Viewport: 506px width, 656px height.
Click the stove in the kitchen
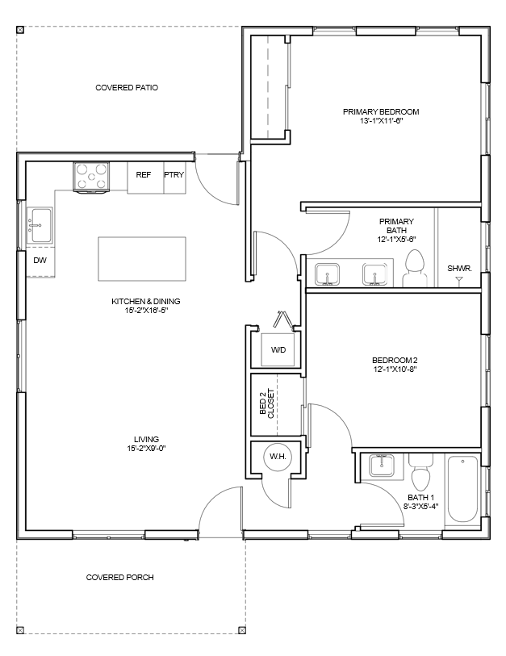91,177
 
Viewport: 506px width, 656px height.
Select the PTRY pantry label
174,174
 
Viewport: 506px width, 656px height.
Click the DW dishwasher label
40,261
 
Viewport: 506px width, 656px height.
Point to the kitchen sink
40,225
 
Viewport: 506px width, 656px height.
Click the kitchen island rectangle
142,258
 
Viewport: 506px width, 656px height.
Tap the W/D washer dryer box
278,349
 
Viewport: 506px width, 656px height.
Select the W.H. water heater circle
278,457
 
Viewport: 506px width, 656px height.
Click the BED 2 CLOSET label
266,403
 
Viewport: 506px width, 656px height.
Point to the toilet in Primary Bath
415,269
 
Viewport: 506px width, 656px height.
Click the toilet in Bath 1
420,473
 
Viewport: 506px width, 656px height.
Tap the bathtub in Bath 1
462,490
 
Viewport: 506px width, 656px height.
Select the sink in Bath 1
382,466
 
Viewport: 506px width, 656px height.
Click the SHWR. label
459,268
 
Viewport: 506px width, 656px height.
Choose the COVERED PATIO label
127,87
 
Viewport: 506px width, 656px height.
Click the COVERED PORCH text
119,578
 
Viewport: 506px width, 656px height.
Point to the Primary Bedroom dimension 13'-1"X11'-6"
381,121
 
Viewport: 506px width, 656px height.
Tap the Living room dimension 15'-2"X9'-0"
147,449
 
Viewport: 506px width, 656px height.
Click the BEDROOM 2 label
395,360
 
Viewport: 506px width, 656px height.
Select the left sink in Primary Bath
327,274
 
